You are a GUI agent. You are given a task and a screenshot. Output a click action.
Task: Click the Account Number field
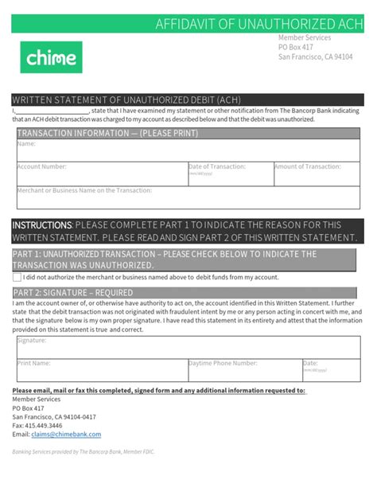tap(100, 174)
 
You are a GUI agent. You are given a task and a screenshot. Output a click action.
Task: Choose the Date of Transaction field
tap(229, 174)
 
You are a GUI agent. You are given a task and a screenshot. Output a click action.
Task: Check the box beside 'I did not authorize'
tap(17, 277)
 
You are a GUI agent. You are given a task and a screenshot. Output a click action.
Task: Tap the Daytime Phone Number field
tap(243, 370)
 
